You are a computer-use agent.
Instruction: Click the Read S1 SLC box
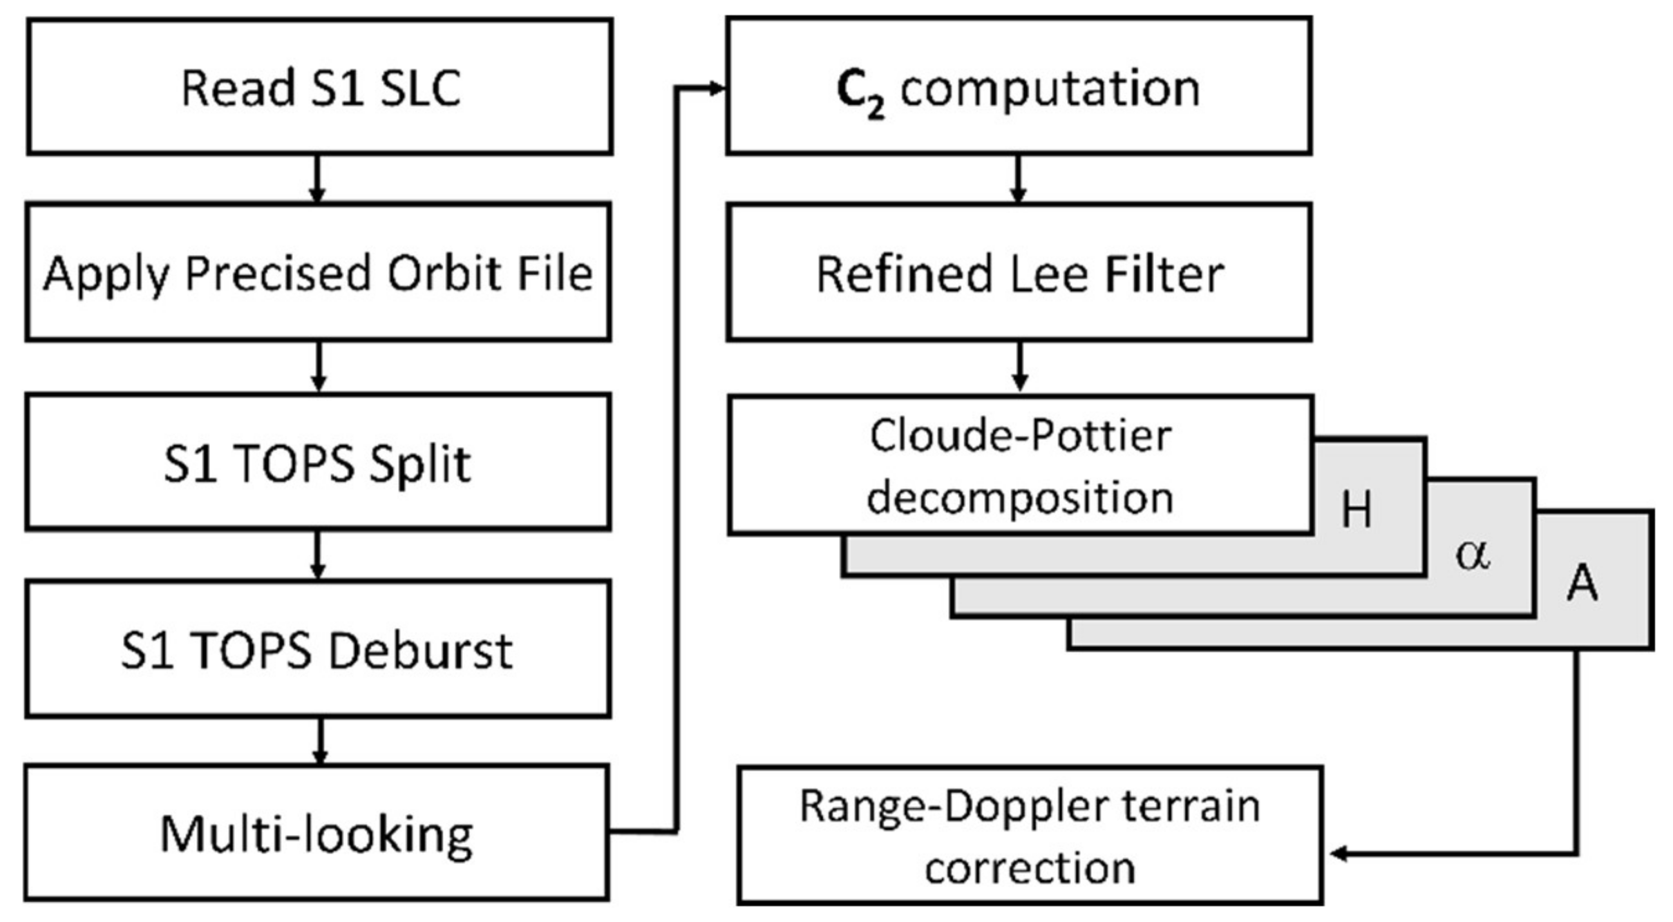click(319, 87)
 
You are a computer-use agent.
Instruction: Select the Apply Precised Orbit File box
click(318, 272)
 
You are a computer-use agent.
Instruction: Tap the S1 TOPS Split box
click(318, 462)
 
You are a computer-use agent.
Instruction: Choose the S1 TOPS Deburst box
click(318, 649)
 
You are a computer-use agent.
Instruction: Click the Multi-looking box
click(316, 833)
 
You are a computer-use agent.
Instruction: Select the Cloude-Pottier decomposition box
click(1020, 466)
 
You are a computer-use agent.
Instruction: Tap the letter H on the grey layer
click(1356, 510)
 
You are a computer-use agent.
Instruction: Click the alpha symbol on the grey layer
click(1472, 554)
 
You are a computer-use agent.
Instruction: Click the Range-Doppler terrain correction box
click(1030, 836)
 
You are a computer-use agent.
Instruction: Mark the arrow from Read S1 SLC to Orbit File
click(317, 180)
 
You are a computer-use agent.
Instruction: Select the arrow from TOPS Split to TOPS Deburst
click(318, 555)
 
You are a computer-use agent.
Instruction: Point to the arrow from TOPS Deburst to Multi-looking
click(319, 742)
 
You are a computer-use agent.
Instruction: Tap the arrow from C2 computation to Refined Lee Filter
click(1017, 180)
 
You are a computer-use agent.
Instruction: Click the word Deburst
click(420, 651)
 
